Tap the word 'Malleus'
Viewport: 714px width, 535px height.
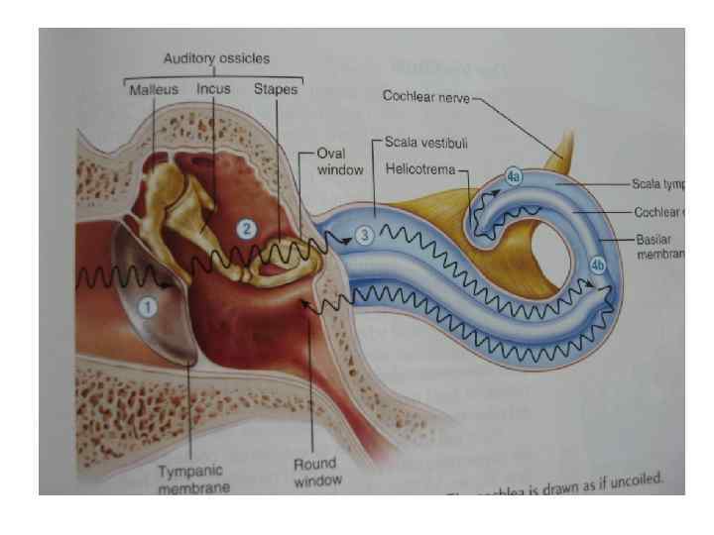pos(155,88)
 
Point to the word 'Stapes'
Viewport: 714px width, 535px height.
pos(276,88)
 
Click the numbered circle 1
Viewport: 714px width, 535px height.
pos(147,307)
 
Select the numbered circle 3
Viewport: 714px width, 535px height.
pos(364,235)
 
